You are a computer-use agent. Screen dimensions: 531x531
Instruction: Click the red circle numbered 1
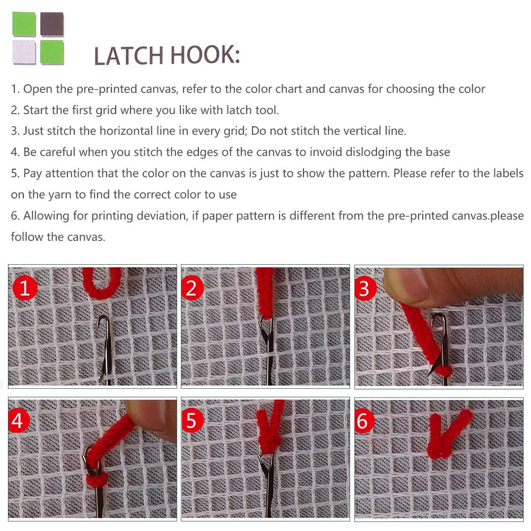25,288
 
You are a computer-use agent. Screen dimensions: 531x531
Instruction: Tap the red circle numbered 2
191,288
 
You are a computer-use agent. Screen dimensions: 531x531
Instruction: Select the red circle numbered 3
365,289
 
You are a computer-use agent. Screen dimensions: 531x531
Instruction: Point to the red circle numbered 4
18,421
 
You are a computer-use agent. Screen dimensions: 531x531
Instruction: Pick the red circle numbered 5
191,421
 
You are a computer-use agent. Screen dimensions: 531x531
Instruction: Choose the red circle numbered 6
364,421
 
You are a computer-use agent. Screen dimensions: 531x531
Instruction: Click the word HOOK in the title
205,55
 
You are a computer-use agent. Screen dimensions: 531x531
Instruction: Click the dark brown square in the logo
52,24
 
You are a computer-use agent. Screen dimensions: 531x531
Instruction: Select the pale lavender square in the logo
24,52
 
